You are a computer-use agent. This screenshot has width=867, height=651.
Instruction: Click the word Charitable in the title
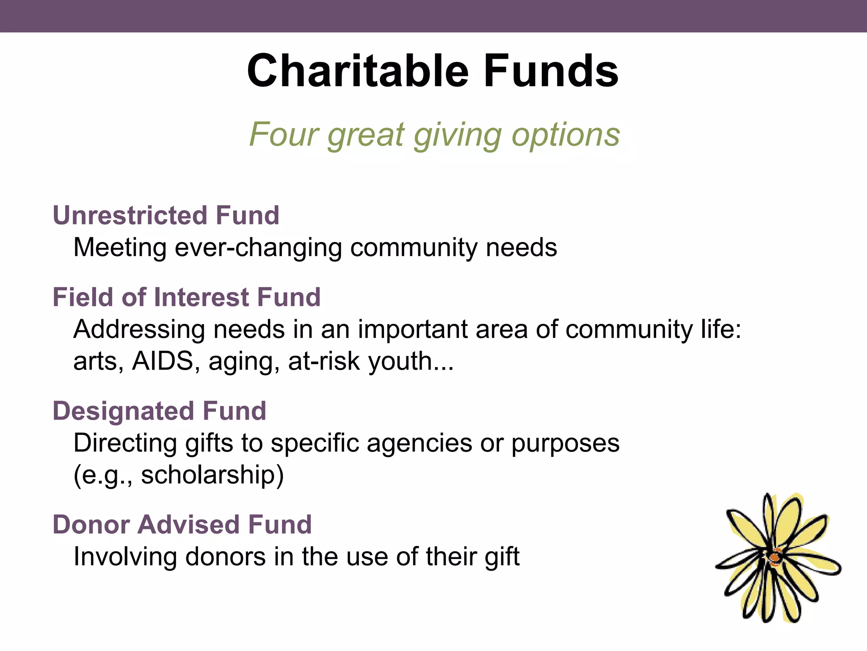click(x=358, y=71)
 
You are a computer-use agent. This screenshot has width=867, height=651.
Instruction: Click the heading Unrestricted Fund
click(x=166, y=215)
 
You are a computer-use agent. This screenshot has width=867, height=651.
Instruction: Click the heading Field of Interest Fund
click(x=186, y=297)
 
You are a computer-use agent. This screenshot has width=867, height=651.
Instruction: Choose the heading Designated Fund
click(x=159, y=411)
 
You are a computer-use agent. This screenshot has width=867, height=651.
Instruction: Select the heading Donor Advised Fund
click(x=182, y=524)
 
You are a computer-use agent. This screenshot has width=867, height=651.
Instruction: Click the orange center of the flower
click(x=776, y=557)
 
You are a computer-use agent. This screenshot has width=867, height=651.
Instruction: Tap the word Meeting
click(x=120, y=248)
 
